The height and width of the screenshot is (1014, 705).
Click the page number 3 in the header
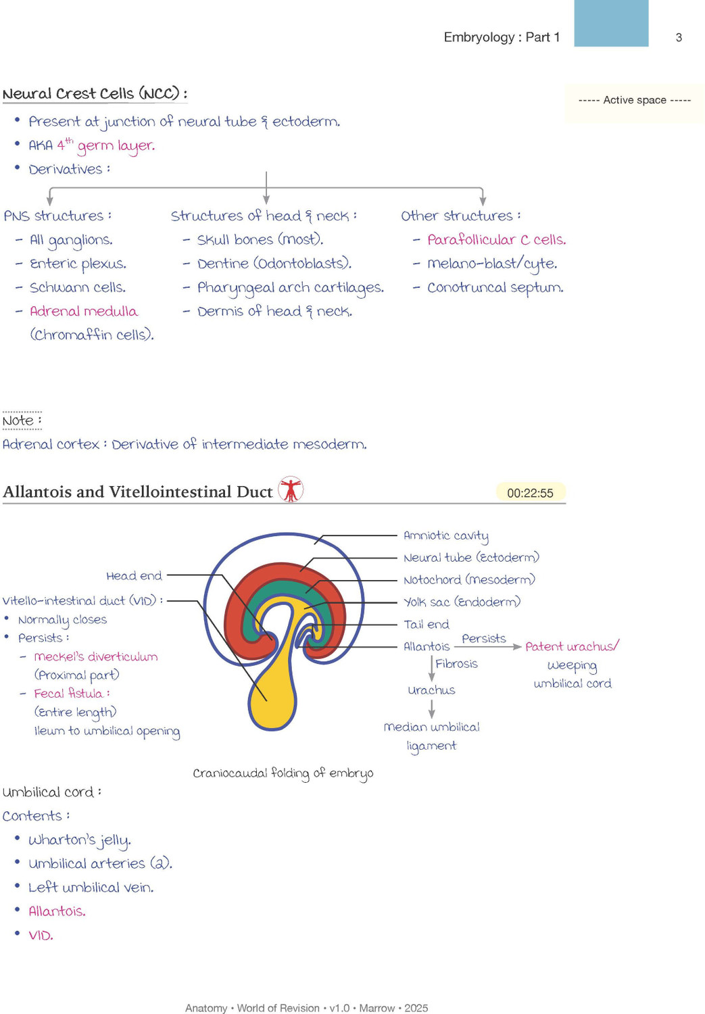679,38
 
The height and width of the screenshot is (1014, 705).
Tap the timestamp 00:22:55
530,493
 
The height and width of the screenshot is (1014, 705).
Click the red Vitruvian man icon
291,489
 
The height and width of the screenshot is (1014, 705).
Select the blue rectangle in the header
611,23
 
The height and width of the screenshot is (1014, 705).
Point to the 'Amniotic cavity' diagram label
445,536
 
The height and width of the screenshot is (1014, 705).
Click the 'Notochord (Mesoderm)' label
469,580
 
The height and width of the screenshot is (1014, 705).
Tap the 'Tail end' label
427,625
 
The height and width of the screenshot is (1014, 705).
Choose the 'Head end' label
134,576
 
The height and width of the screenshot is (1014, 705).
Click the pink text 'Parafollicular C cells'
496,239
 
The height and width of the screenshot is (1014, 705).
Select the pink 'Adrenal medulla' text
84,311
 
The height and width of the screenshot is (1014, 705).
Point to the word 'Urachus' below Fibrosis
431,690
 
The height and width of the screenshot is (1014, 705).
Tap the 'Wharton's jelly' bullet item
80,840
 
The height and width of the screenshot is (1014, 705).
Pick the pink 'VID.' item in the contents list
41,935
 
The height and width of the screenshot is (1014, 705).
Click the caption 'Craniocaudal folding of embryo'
283,773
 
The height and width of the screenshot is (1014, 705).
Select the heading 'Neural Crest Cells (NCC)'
95,94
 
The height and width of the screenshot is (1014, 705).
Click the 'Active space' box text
635,100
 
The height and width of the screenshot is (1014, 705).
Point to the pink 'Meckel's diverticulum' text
95,657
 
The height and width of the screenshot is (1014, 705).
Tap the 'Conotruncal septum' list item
495,288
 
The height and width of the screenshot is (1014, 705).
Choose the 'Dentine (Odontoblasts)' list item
274,264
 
